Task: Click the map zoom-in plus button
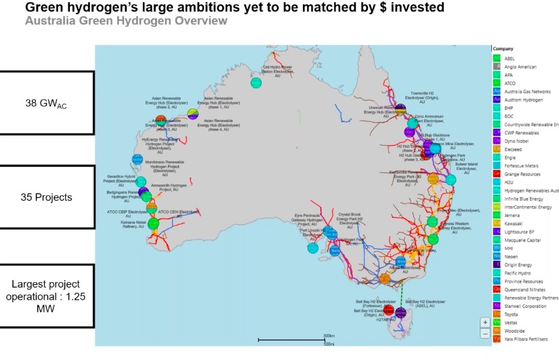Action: pos(484,321)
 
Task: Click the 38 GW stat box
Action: pos(45,104)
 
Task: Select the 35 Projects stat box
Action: pos(45,198)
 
